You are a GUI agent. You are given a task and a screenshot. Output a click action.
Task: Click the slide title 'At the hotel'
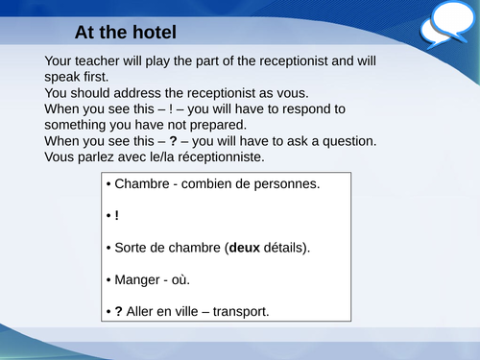pyautogui.click(x=125, y=33)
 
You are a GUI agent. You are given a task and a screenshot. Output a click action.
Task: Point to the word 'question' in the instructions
pyautogui.click(x=348, y=141)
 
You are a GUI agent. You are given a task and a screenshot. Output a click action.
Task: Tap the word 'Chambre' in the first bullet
pyautogui.click(x=141, y=182)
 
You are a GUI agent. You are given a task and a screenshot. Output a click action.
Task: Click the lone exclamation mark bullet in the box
pyautogui.click(x=116, y=215)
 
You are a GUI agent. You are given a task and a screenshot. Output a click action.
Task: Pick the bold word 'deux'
pyautogui.click(x=245, y=248)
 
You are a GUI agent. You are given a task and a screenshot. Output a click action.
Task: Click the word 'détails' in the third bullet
pyautogui.click(x=289, y=248)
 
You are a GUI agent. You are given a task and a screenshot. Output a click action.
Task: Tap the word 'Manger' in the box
pyautogui.click(x=138, y=279)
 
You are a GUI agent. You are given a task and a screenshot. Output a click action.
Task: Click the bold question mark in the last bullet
pyautogui.click(x=118, y=312)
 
